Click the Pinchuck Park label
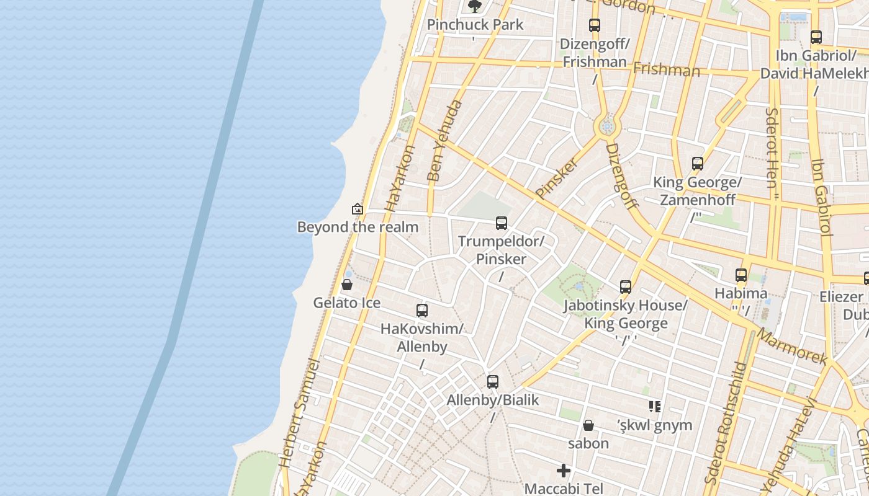475,25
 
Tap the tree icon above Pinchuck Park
475,7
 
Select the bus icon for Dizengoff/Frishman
595,25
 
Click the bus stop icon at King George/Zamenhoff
698,164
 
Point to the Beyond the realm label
358,227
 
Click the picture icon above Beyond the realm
357,209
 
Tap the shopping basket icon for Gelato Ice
347,285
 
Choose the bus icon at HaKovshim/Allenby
422,311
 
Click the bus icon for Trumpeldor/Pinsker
501,223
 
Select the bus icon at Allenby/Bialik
493,382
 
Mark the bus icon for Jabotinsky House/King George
626,287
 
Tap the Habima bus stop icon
741,275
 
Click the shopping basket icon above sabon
588,425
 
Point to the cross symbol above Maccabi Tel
564,471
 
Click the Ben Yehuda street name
444,141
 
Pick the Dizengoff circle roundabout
607,127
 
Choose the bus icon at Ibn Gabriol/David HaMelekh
816,37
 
